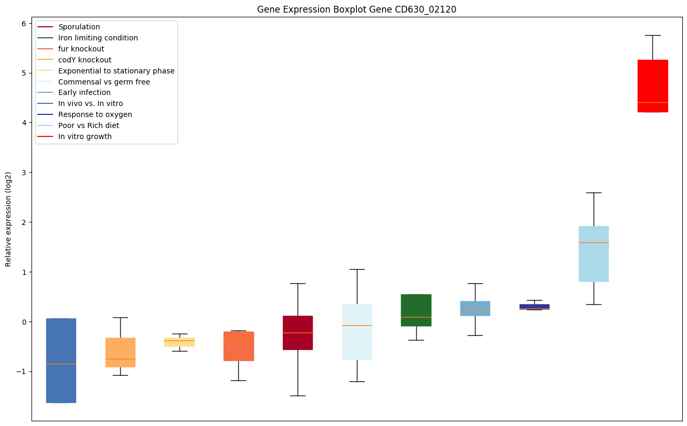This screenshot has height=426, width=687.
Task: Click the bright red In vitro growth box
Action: (x=652, y=86)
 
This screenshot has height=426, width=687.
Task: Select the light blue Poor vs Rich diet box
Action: (x=594, y=254)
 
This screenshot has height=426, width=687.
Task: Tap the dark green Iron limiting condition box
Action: (x=416, y=310)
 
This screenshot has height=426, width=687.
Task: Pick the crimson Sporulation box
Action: (x=298, y=333)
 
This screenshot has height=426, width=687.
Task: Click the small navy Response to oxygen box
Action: (x=534, y=306)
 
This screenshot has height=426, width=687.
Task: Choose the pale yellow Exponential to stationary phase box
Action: (x=179, y=342)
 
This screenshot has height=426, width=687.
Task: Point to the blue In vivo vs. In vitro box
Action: (x=61, y=360)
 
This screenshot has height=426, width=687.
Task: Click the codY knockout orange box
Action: (x=120, y=352)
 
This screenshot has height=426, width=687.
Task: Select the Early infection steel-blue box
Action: (x=475, y=308)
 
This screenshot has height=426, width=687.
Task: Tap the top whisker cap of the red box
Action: (x=652, y=35)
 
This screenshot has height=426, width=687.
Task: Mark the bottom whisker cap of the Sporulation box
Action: (x=298, y=396)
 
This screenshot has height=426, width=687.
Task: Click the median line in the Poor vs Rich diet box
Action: (x=594, y=242)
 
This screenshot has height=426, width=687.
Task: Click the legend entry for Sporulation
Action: (x=79, y=27)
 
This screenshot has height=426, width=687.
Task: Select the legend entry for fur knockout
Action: (x=81, y=49)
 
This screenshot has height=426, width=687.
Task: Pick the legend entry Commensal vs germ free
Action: (x=104, y=82)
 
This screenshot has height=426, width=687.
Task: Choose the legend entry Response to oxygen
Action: (x=95, y=114)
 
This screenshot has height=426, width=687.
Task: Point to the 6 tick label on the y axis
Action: (x=24, y=23)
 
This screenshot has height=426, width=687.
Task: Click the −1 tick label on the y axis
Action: (x=22, y=371)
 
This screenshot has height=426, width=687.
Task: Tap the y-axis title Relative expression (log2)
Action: (x=8, y=219)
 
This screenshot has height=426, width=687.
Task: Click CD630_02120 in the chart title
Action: (x=423, y=9)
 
